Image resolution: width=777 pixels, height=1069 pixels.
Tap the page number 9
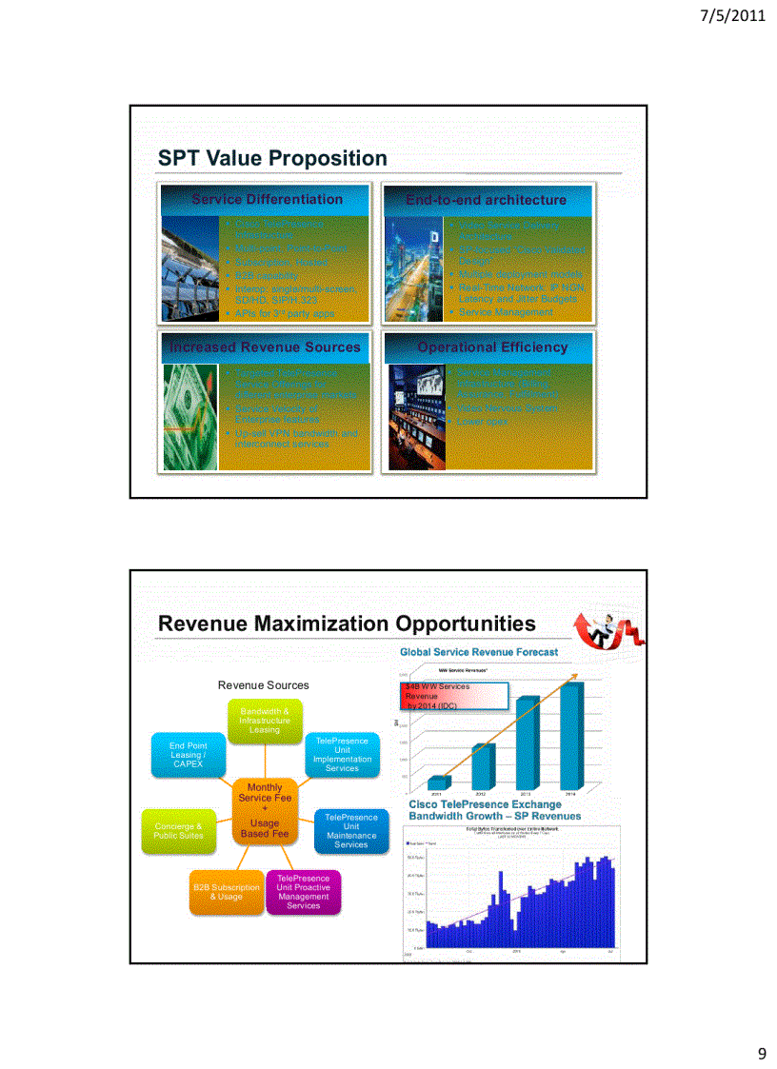[x=761, y=1053]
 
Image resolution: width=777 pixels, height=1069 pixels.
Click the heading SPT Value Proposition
[x=272, y=158]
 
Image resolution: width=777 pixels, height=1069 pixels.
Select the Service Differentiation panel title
[x=267, y=200]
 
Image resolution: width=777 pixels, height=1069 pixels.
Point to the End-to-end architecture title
[x=486, y=200]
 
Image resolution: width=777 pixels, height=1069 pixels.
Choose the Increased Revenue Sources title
[x=266, y=347]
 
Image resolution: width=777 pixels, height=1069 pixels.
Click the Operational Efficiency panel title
[x=492, y=347]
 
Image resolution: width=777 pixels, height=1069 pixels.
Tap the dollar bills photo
[x=189, y=417]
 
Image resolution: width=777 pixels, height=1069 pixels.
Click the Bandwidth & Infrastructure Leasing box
[x=265, y=721]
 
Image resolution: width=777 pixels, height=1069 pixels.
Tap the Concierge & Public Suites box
[x=178, y=830]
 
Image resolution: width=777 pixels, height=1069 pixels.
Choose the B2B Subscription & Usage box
[x=227, y=891]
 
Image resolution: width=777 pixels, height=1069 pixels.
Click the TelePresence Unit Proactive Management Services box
[x=303, y=892]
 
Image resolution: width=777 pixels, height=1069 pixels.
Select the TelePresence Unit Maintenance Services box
[x=350, y=830]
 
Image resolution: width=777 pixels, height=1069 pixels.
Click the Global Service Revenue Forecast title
[x=479, y=652]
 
